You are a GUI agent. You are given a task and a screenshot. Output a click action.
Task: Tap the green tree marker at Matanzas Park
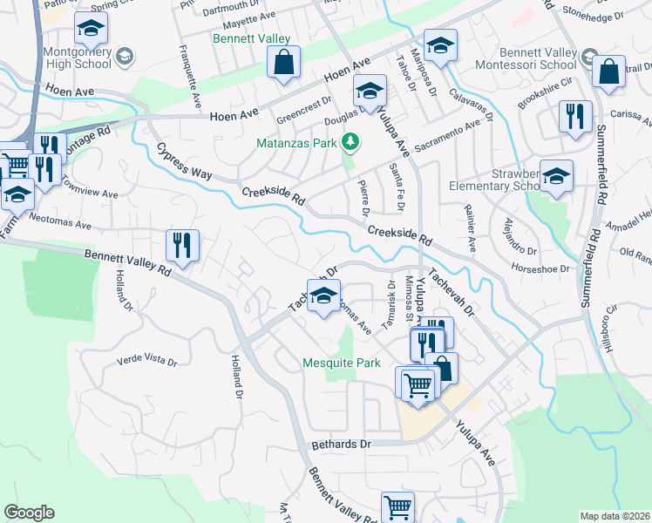click(350, 141)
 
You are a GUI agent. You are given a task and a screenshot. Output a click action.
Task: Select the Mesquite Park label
click(341, 363)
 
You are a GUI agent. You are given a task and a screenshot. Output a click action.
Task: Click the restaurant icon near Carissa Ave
click(575, 116)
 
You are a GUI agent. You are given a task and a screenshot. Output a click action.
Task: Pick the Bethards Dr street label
click(341, 445)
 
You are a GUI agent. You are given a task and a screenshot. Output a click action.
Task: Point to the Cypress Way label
click(184, 161)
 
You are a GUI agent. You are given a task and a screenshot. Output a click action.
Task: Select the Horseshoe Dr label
click(540, 269)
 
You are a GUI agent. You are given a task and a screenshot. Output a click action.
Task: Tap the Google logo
click(29, 513)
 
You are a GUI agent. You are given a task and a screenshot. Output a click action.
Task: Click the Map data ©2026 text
click(615, 516)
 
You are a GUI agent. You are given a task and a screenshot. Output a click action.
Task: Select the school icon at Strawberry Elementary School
click(556, 177)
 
